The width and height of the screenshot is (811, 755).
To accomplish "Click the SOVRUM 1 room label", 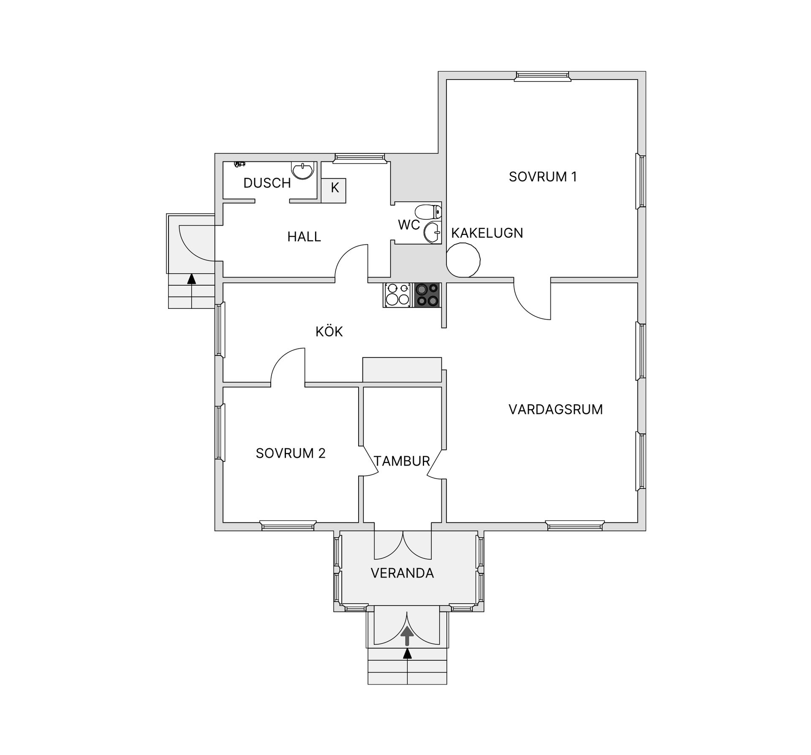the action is tap(543, 177).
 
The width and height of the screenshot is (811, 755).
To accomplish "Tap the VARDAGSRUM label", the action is tap(555, 409).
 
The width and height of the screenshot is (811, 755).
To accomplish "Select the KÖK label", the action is tap(329, 331).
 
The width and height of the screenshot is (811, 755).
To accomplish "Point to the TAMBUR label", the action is tap(402, 461).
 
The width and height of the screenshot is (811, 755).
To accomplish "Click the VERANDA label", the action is tap(402, 573).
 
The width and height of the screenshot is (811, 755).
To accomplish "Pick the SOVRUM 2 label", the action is tap(291, 453).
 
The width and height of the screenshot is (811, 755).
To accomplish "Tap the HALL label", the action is tap(304, 237).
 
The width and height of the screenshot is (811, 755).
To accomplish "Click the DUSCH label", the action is tap(267, 183).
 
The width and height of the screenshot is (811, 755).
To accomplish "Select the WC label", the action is tap(409, 225).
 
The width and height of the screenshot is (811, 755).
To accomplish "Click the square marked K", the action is tap(334, 191).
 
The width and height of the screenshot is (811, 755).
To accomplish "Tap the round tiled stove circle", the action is tap(463, 260).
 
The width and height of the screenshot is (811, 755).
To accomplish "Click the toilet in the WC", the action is tap(428, 211).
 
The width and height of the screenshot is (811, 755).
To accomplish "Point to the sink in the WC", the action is tap(432, 232).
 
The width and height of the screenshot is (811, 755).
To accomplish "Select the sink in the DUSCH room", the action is tap(303, 170).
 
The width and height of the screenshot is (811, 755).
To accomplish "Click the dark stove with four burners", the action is tap(427, 295).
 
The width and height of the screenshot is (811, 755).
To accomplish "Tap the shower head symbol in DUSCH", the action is tap(239, 164).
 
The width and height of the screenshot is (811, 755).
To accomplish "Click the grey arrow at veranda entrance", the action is tap(407, 636).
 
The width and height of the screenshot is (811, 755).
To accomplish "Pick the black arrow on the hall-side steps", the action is tap(192, 279).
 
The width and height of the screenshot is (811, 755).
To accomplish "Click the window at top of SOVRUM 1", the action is tap(542, 76).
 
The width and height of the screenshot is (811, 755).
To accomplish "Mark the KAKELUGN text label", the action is tap(487, 233).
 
